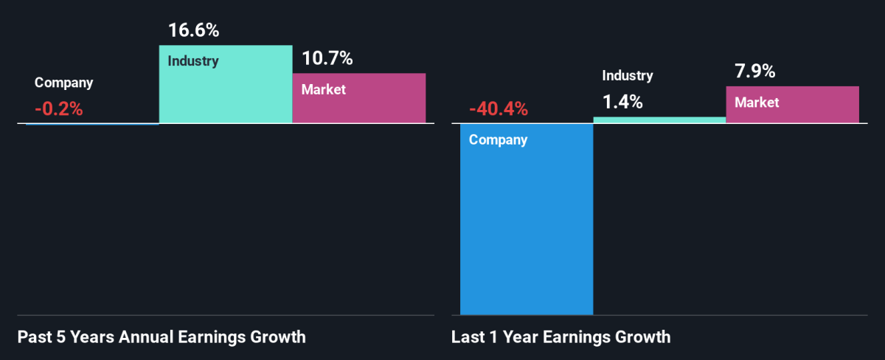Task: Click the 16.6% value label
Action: [194, 31]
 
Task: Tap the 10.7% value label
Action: [327, 58]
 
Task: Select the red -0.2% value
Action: [59, 109]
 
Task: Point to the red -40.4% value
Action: [499, 109]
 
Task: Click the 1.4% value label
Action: [622, 102]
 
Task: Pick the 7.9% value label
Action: [754, 72]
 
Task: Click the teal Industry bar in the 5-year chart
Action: [226, 92]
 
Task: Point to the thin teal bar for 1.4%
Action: [659, 120]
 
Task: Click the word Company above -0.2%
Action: [64, 83]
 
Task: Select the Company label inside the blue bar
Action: [499, 140]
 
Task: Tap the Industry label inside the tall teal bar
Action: [193, 60]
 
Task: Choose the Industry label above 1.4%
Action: [628, 75]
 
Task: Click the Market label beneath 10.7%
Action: [324, 89]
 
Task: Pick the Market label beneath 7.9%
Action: [757, 103]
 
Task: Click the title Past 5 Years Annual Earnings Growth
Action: [161, 338]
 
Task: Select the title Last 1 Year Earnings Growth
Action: [561, 338]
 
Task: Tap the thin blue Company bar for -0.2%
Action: [92, 124]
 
